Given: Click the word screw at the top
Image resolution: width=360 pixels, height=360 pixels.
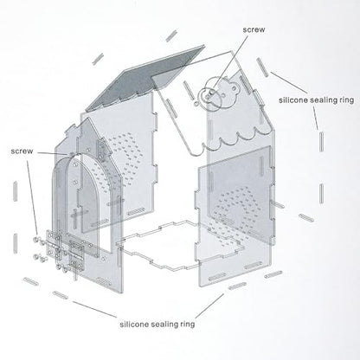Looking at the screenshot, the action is pyautogui.click(x=254, y=29).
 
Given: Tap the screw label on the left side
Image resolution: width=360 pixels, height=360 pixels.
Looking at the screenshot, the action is pyautogui.click(x=22, y=151).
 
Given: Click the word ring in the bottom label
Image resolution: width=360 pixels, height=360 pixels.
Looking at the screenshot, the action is pyautogui.click(x=188, y=325).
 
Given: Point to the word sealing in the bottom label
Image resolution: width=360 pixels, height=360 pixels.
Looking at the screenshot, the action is pyautogui.click(x=164, y=325).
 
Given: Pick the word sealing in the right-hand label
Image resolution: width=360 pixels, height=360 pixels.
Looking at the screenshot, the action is pyautogui.click(x=325, y=100).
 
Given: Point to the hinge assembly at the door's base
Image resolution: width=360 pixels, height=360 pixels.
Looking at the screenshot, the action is pyautogui.click(x=66, y=251).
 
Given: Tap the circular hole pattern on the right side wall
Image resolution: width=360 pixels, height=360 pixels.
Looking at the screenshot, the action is pyautogui.click(x=237, y=211).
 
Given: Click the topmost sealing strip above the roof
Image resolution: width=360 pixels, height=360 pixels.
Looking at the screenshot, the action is pyautogui.click(x=171, y=35).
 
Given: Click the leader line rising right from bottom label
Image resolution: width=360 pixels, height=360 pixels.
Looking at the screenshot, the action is pyautogui.click(x=209, y=305).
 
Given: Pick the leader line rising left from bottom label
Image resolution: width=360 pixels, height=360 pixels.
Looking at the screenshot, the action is pyautogui.click(x=94, y=309).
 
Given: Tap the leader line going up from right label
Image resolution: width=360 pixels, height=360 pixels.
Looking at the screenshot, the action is pyautogui.click(x=288, y=82).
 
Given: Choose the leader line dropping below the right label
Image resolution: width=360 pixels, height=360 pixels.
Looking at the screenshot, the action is pyautogui.click(x=316, y=118).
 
